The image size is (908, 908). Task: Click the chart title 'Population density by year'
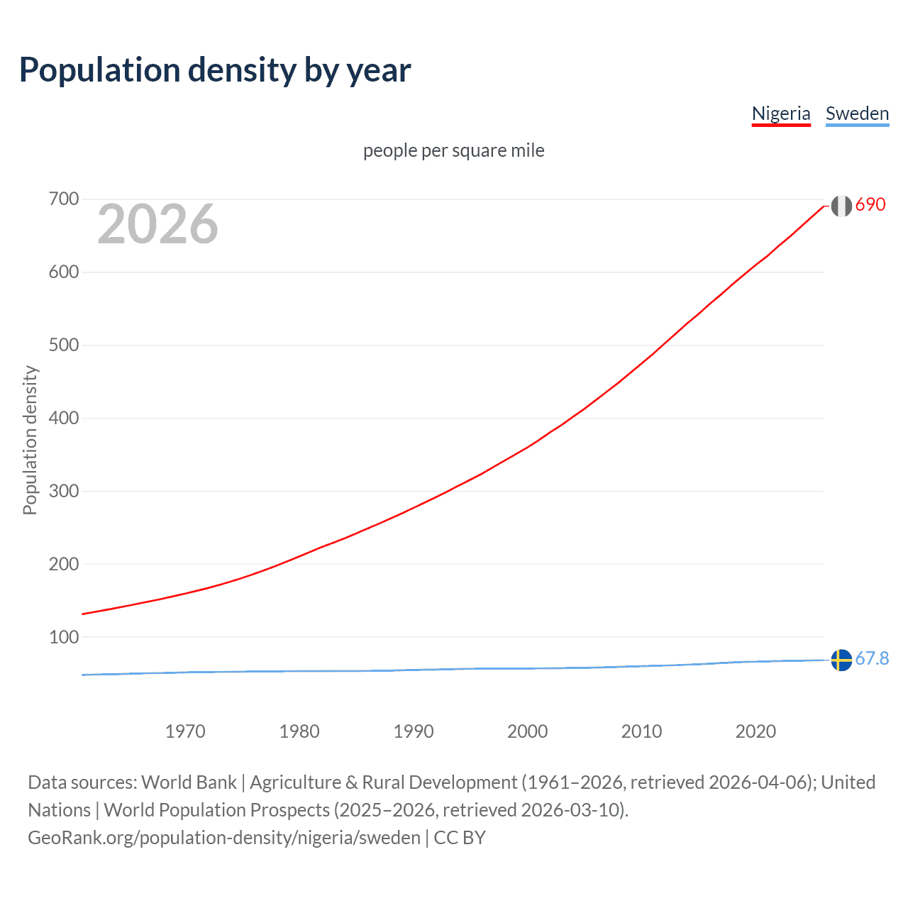click(215, 70)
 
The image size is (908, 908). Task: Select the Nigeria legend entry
click(781, 113)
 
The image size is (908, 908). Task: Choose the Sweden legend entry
click(857, 113)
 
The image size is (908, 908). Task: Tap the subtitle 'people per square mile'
click(453, 150)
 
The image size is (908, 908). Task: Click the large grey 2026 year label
click(157, 224)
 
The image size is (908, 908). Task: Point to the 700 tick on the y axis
click(64, 199)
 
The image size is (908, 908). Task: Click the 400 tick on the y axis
click(64, 418)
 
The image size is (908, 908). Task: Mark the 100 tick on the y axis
click(64, 637)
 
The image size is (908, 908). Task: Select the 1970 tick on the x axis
click(185, 731)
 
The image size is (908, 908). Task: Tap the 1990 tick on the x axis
click(414, 731)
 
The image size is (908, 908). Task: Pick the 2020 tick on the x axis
click(755, 731)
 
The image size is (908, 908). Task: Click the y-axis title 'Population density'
click(30, 440)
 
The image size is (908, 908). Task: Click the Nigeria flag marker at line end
click(841, 206)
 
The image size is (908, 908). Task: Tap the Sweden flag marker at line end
click(841, 660)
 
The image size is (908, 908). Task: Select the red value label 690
click(870, 205)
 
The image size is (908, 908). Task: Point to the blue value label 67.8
click(872, 659)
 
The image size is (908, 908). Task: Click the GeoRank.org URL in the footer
click(224, 838)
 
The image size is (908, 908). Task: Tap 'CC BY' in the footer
click(460, 838)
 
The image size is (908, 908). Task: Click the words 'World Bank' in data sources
click(189, 782)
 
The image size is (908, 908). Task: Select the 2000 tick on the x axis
click(528, 731)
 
